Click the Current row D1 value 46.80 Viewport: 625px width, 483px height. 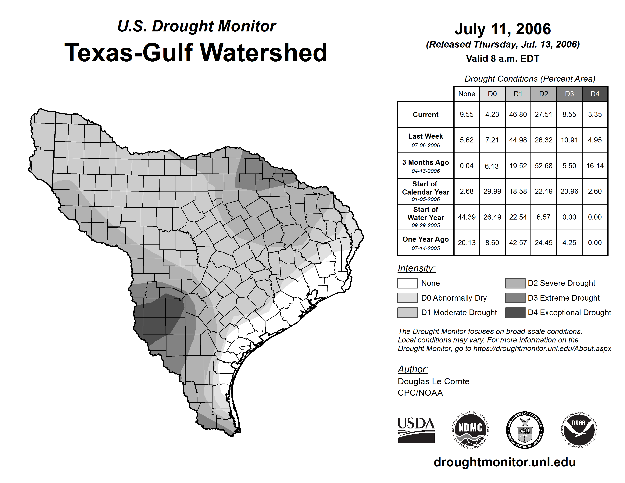518,114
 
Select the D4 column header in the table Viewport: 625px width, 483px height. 595,94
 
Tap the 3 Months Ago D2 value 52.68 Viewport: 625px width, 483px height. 543,166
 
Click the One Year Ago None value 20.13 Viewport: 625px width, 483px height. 466,243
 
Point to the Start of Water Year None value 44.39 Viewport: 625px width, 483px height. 466,217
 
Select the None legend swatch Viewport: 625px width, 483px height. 407,283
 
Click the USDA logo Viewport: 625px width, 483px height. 416,430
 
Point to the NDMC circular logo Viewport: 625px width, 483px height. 470,430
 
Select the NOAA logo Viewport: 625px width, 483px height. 579,430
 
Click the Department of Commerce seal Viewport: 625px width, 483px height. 525,430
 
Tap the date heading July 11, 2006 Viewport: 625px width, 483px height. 502,29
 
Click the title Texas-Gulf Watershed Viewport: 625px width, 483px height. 196,53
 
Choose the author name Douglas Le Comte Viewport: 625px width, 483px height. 433,381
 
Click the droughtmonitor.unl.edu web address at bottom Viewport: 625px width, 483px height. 505,462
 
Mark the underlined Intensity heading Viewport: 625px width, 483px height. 416,268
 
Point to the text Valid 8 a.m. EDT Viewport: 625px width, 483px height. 502,59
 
